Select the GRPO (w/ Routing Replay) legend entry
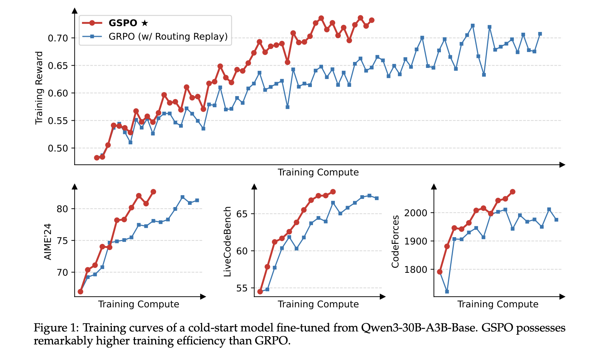pyautogui.click(x=168, y=36)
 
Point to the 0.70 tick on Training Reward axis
pyautogui.click(x=58, y=38)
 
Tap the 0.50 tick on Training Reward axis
pyautogui.click(x=58, y=148)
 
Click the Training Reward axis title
pyautogui.click(x=39, y=88)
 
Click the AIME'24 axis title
pyautogui.click(x=48, y=242)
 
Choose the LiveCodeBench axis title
pyautogui.click(x=227, y=242)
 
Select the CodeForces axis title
pyautogui.click(x=395, y=242)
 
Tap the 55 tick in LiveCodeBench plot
pyautogui.click(x=241, y=288)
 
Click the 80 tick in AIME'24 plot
pyautogui.click(x=63, y=209)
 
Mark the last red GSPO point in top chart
pyautogui.click(x=372, y=20)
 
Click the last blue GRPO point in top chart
pyautogui.click(x=540, y=34)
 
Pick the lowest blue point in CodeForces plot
pyautogui.click(x=447, y=292)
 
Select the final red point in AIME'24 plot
pyautogui.click(x=153, y=192)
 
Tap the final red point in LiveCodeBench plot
pyautogui.click(x=333, y=192)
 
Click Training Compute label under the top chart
pyautogui.click(x=318, y=172)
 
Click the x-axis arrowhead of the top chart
pyautogui.click(x=563, y=164)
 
